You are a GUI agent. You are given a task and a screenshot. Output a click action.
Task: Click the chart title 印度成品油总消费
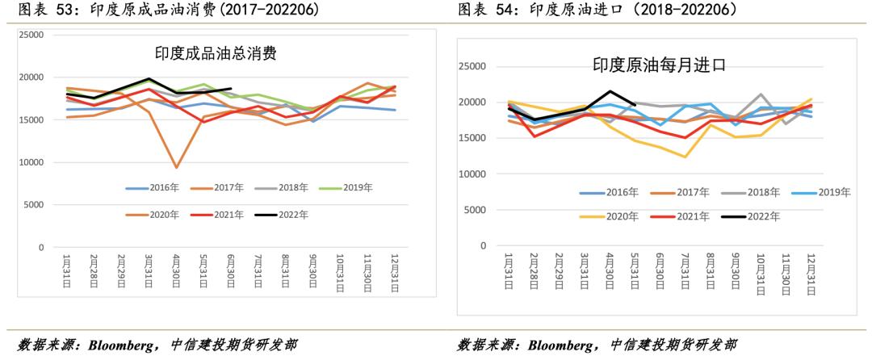[216, 54]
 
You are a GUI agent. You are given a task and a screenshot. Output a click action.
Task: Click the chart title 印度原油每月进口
[660, 65]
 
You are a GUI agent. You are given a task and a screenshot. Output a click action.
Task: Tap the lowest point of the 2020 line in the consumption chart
[176, 167]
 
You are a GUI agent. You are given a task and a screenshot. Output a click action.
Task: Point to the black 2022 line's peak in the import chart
[610, 91]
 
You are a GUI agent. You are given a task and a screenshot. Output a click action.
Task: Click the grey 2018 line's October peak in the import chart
[761, 94]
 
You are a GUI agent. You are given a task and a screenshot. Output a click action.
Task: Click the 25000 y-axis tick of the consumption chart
[31, 35]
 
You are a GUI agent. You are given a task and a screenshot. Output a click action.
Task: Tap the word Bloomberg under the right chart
[565, 345]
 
